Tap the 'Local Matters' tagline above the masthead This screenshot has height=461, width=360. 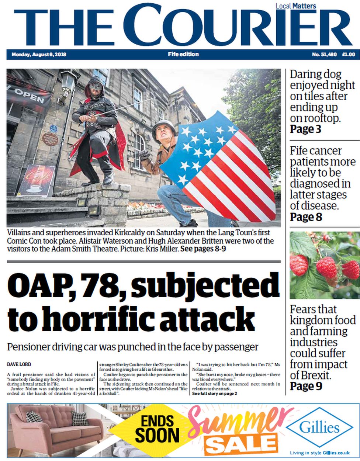coord(296,6)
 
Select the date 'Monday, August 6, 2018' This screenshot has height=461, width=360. coord(39,55)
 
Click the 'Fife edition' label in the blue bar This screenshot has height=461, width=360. coord(183,54)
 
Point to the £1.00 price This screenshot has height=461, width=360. coord(348,55)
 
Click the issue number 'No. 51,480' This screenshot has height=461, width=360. coord(324,55)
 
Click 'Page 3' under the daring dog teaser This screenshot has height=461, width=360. coord(305,129)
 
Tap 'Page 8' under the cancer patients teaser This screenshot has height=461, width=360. coord(306,217)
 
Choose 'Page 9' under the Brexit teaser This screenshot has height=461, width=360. coord(306,386)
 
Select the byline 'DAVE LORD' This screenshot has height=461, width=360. coord(19,364)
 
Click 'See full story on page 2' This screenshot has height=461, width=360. coord(214,394)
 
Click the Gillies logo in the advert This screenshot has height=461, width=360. coord(319,428)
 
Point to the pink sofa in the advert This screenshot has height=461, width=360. coord(55,430)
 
